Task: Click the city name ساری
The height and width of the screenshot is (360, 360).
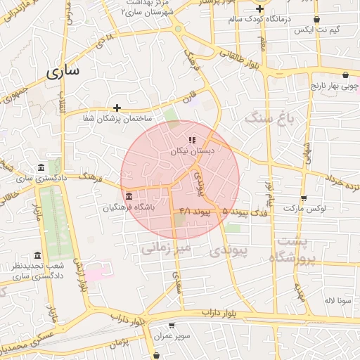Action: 63,71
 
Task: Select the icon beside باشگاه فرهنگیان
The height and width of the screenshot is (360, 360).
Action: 128,196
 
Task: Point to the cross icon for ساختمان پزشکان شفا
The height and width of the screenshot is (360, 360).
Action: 117,108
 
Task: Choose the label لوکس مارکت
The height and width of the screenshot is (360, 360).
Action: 302,209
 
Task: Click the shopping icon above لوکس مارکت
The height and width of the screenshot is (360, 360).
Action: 303,198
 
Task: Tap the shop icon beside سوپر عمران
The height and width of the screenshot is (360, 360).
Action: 172,326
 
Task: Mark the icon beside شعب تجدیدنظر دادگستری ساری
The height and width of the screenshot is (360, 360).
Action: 38,256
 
